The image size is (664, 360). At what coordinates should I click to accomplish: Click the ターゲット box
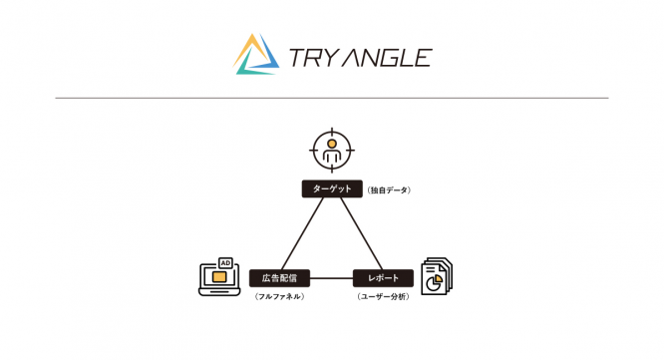(332, 187)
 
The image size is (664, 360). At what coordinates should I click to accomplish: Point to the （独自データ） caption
(389, 189)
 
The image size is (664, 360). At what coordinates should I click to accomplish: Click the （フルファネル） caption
(280, 296)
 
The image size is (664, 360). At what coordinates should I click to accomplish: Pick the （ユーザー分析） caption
(384, 296)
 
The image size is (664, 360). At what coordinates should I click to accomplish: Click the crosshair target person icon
(331, 151)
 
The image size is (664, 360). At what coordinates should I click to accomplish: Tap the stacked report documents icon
(435, 276)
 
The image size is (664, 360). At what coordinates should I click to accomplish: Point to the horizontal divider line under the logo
(332, 98)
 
